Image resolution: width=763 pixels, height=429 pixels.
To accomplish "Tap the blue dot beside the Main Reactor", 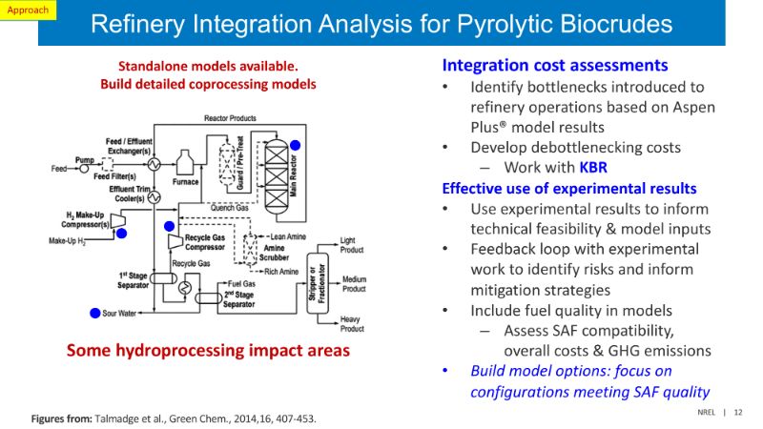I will click(x=296, y=145).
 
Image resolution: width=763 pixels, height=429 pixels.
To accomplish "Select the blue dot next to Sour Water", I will click(x=94, y=313).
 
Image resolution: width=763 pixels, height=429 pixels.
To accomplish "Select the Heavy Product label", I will click(x=354, y=323).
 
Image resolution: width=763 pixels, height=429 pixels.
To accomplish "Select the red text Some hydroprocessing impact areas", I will click(x=208, y=351).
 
